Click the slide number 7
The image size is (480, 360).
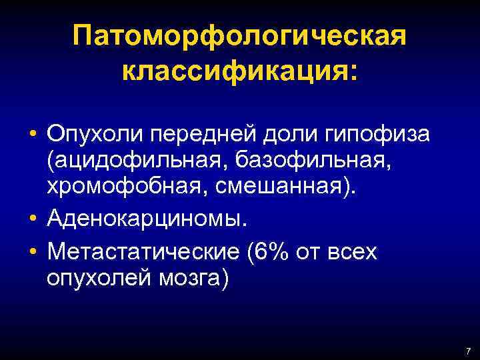468,351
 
